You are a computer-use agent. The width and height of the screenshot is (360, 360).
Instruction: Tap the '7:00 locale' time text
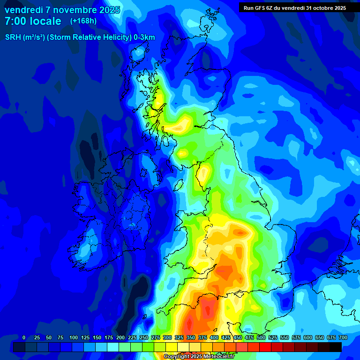pos(33,21)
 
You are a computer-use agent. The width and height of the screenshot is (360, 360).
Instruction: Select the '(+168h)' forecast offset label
pos(83,21)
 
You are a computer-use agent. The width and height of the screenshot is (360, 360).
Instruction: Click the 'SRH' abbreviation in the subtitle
pos(13,37)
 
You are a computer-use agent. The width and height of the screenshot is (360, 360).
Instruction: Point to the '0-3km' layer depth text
pos(144,37)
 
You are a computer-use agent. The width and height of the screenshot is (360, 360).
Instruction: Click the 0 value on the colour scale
pos(24,337)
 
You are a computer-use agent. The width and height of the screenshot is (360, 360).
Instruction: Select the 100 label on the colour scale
pos(73,337)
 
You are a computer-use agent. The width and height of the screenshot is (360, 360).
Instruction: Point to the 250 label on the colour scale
pos(143,337)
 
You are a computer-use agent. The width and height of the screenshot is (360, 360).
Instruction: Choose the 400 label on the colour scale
pos(214,337)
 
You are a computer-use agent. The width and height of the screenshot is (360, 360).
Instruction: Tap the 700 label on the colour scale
pos(343,337)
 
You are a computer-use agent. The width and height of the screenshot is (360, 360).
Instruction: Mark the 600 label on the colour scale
pos(307,337)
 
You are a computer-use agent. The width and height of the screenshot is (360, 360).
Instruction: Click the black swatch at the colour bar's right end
pos(336,347)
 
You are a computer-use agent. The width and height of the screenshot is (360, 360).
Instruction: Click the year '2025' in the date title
pos(109,10)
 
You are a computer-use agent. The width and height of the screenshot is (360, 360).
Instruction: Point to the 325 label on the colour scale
pos(179,337)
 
